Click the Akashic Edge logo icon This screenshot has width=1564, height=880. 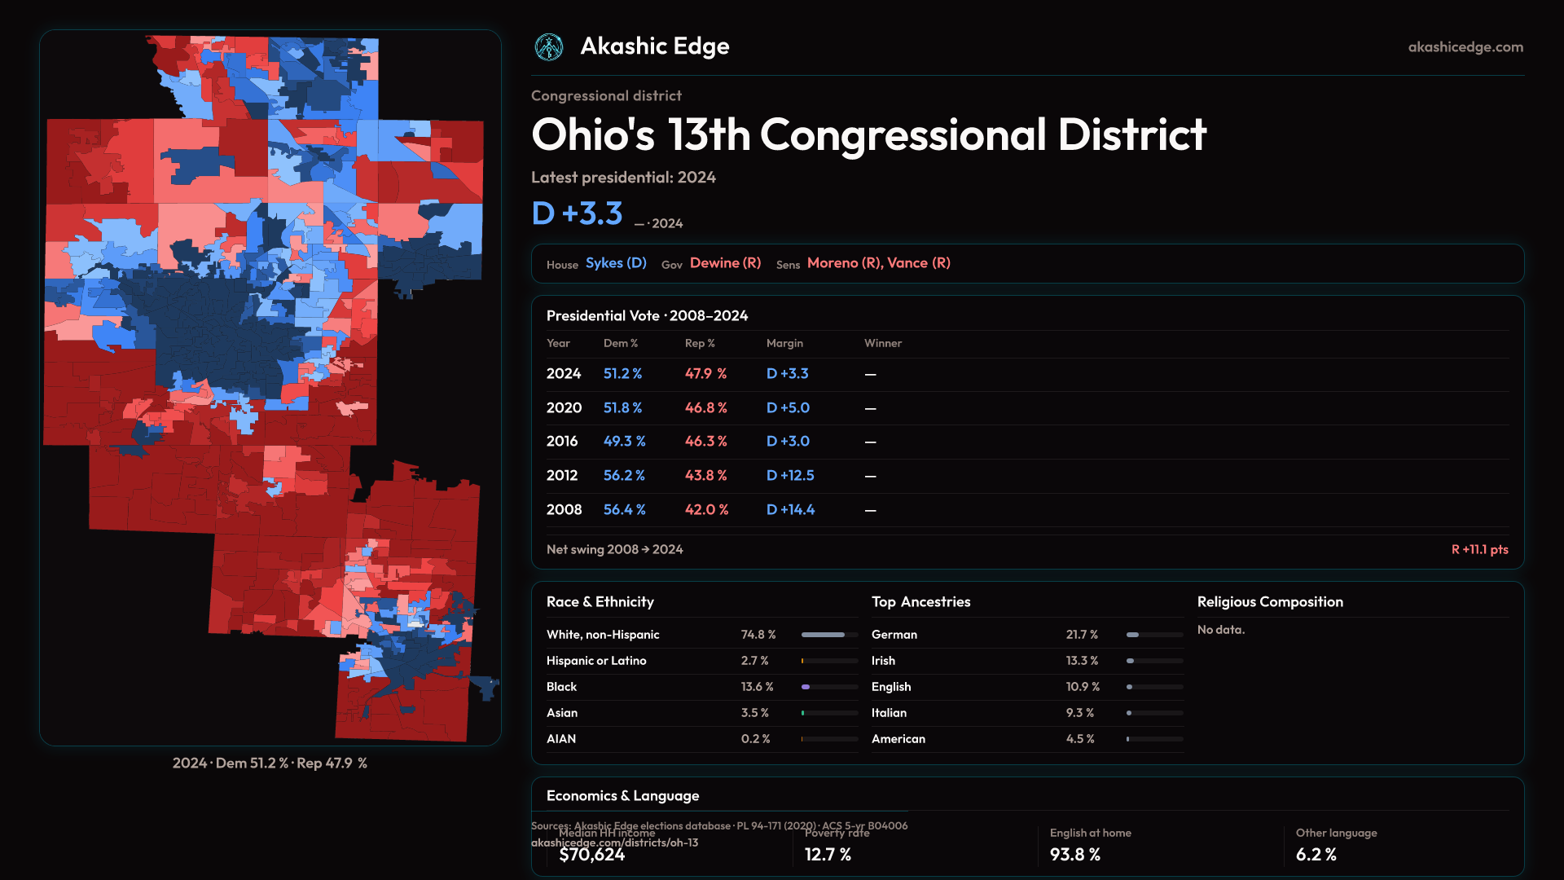[x=549, y=47]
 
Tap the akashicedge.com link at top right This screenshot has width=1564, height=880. [x=1465, y=47]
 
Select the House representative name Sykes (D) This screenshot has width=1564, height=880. [x=616, y=263]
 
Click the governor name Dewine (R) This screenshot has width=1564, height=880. [x=725, y=263]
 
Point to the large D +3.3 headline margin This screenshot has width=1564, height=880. [x=577, y=213]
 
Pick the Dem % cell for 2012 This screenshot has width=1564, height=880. [x=624, y=475]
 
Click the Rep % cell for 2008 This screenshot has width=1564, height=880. [x=706, y=509]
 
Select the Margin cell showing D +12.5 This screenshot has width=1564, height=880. [x=790, y=475]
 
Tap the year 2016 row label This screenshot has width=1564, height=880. [x=562, y=441]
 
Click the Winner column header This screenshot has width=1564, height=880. [x=883, y=343]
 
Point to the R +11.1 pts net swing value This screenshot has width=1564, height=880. [x=1479, y=549]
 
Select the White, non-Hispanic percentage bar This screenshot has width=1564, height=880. [x=829, y=635]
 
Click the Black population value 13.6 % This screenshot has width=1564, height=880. [x=758, y=687]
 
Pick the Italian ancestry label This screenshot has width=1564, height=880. [x=889, y=713]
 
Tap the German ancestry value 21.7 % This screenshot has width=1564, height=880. [x=1082, y=635]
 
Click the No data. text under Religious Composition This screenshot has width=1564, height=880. [x=1221, y=630]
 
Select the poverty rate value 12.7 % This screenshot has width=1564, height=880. [x=828, y=855]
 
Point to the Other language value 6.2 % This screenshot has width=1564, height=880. [x=1316, y=855]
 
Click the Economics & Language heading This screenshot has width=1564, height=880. [x=622, y=796]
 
